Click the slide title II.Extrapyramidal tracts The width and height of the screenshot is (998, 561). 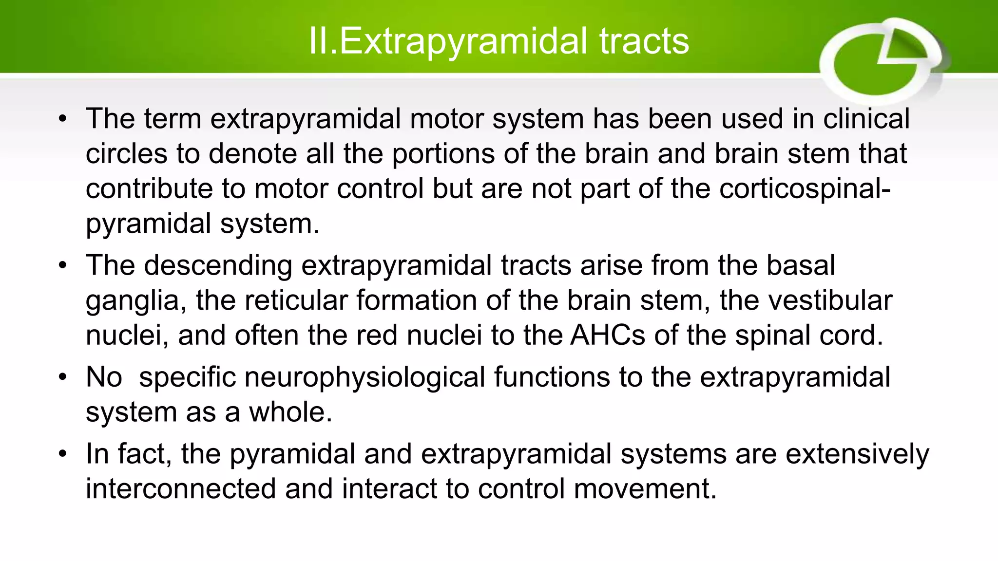click(x=499, y=41)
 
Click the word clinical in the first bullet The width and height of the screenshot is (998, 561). click(x=866, y=119)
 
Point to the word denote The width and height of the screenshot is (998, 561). click(x=253, y=154)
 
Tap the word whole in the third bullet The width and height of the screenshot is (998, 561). click(x=290, y=412)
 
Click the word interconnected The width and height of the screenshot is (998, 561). click(x=181, y=489)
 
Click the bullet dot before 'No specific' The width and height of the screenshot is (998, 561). click(x=62, y=378)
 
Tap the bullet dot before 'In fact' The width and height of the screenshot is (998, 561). click(x=62, y=454)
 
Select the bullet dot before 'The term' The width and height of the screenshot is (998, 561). click(x=62, y=119)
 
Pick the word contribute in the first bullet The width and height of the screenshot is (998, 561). click(x=149, y=189)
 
